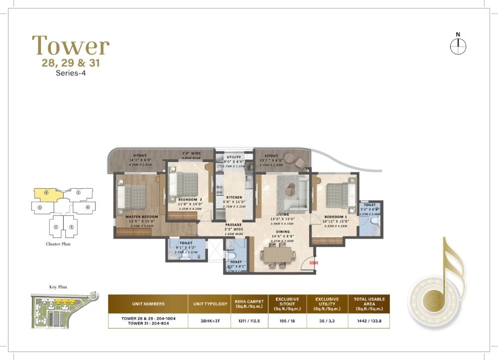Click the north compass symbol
[457, 46]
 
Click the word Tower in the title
[71, 46]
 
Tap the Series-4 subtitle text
[71, 73]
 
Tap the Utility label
[234, 157]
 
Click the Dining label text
[282, 232]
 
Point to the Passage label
[233, 225]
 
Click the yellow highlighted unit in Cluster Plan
[46, 193]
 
